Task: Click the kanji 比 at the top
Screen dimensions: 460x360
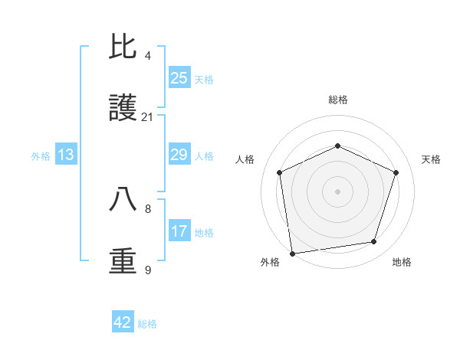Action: pyautogui.click(x=123, y=47)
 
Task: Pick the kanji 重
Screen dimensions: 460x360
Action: pyautogui.click(x=123, y=261)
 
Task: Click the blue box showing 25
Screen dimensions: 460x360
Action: pyautogui.click(x=179, y=78)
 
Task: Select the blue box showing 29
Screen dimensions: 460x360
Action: pyautogui.click(x=179, y=155)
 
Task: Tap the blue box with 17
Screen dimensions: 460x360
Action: pyautogui.click(x=179, y=232)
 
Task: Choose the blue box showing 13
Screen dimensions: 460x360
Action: pyautogui.click(x=66, y=155)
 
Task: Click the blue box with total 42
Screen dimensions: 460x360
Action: pyautogui.click(x=123, y=322)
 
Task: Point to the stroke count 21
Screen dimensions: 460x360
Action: pyautogui.click(x=147, y=117)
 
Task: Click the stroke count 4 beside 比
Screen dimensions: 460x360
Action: pyautogui.click(x=148, y=55)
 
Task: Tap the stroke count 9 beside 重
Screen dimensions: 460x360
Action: pyautogui.click(x=148, y=270)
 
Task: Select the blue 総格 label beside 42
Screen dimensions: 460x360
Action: pyautogui.click(x=147, y=324)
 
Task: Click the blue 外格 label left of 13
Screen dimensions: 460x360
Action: pyautogui.click(x=41, y=156)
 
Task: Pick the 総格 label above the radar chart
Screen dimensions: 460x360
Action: pyautogui.click(x=338, y=100)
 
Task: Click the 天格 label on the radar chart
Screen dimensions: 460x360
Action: pyautogui.click(x=431, y=159)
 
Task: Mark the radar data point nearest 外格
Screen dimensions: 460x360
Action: pyautogui.click(x=292, y=253)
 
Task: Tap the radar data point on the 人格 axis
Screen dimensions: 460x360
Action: pyautogui.click(x=280, y=172)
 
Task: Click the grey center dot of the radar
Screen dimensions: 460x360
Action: pyautogui.click(x=338, y=191)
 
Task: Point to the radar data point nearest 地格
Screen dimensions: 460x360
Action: pyautogui.click(x=374, y=242)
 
